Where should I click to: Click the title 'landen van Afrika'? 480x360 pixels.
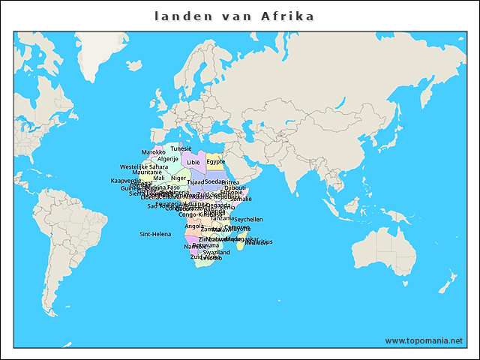tap(235, 16)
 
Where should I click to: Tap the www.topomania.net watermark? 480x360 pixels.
tap(424, 340)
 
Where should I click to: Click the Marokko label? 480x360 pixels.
tap(153, 152)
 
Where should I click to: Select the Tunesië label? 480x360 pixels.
tap(181, 148)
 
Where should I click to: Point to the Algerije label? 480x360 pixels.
tap(168, 159)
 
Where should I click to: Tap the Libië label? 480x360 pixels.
tap(193, 162)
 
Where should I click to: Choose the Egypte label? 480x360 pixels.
tap(215, 161)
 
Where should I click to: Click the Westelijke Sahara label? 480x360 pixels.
tap(144, 166)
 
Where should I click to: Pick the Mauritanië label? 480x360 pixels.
tap(147, 172)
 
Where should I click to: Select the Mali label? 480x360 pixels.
tap(159, 178)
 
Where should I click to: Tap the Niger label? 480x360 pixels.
tap(178, 178)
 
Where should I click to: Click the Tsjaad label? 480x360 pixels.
tap(195, 182)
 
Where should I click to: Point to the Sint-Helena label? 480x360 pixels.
tap(155, 234)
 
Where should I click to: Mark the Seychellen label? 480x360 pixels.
tap(248, 220)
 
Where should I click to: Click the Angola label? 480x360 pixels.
tap(193, 226)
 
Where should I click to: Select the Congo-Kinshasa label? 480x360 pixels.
tap(196, 214)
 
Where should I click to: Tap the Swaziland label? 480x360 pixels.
tap(217, 253)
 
